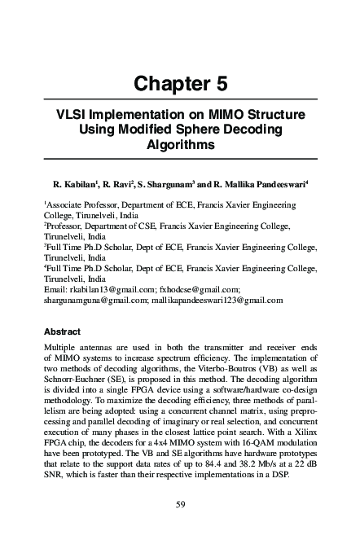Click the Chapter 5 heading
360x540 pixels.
[x=180, y=83]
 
